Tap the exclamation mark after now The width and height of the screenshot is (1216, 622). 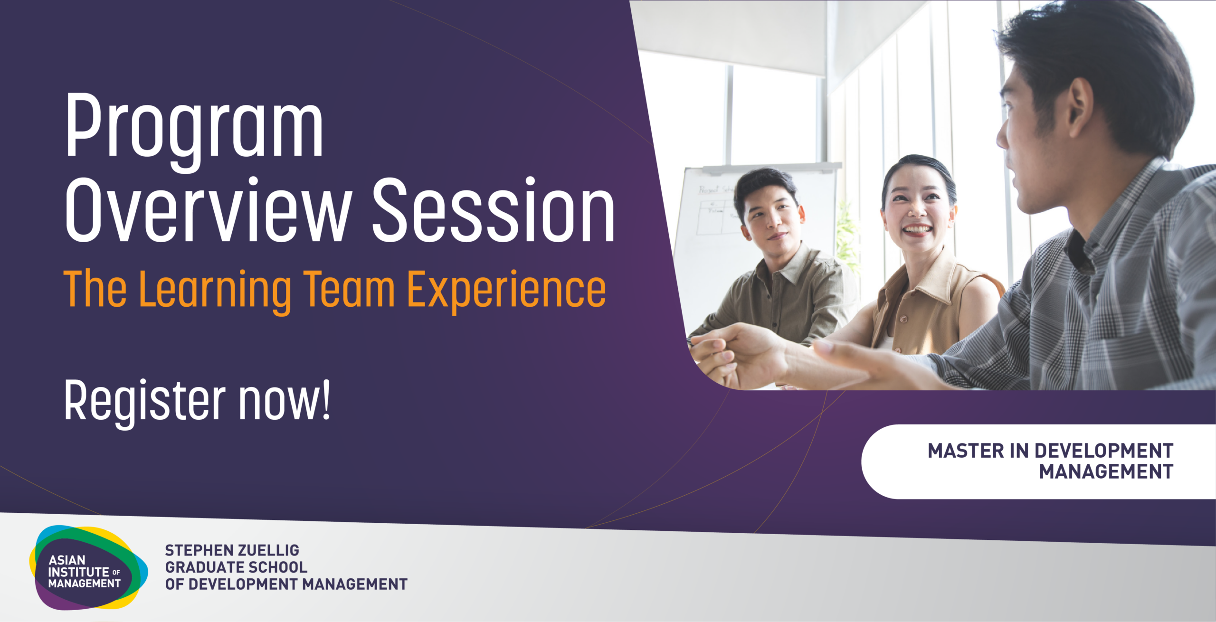(x=326, y=399)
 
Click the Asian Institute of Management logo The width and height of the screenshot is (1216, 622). (x=88, y=567)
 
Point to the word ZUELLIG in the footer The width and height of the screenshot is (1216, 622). (x=268, y=550)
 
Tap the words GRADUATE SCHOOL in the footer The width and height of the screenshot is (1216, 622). (x=236, y=567)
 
